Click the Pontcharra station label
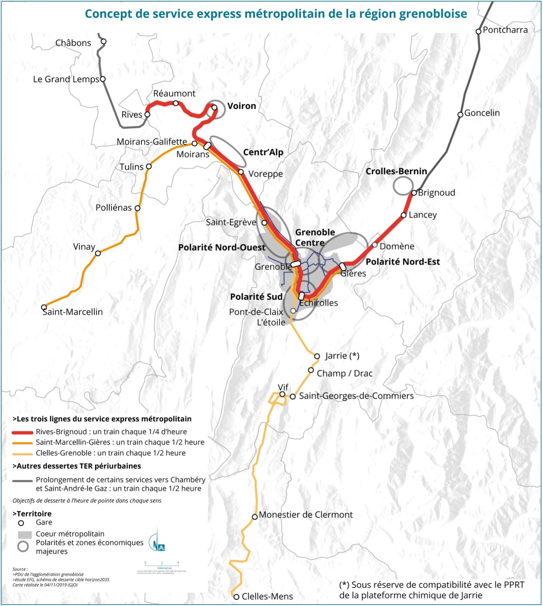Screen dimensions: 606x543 tap(505, 30)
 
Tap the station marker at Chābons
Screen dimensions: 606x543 tap(104, 41)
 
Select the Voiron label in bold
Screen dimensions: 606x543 tap(242, 106)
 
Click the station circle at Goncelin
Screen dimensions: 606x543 tap(460, 114)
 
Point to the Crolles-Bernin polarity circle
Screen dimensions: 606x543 tap(403, 186)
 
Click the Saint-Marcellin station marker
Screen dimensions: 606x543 tap(44, 307)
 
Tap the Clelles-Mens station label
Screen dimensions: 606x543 tap(267, 596)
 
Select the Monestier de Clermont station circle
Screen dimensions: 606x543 tap(255, 517)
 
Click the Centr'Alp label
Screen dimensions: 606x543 tap(263, 152)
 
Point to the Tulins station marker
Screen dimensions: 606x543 tap(149, 166)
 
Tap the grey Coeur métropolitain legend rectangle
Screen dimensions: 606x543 tap(24, 535)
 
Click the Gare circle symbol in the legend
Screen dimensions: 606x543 tap(21, 523)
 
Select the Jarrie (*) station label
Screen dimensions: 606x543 tap(342, 356)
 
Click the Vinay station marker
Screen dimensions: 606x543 tap(98, 253)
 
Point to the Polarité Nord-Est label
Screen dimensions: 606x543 tap(403, 262)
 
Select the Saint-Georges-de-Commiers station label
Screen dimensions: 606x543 tap(356, 396)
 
